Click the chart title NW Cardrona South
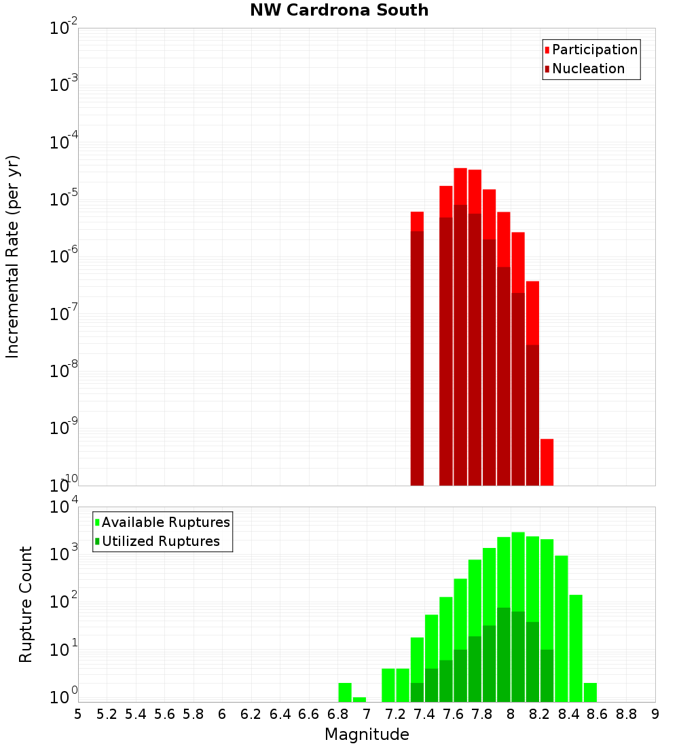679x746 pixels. [339, 10]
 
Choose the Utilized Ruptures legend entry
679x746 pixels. [160, 541]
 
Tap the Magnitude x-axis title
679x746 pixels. [367, 734]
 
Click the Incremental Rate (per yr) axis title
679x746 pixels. [13, 256]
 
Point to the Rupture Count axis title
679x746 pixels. [26, 604]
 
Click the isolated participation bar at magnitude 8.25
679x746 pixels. [547, 461]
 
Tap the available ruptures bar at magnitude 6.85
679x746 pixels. [345, 692]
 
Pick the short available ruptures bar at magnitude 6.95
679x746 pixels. [359, 699]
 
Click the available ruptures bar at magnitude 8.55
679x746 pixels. [590, 692]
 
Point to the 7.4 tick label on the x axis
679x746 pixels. [424, 714]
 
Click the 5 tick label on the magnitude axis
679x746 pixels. [78, 714]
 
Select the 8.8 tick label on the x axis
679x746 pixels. [626, 714]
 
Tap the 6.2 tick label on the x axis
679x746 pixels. [251, 714]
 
